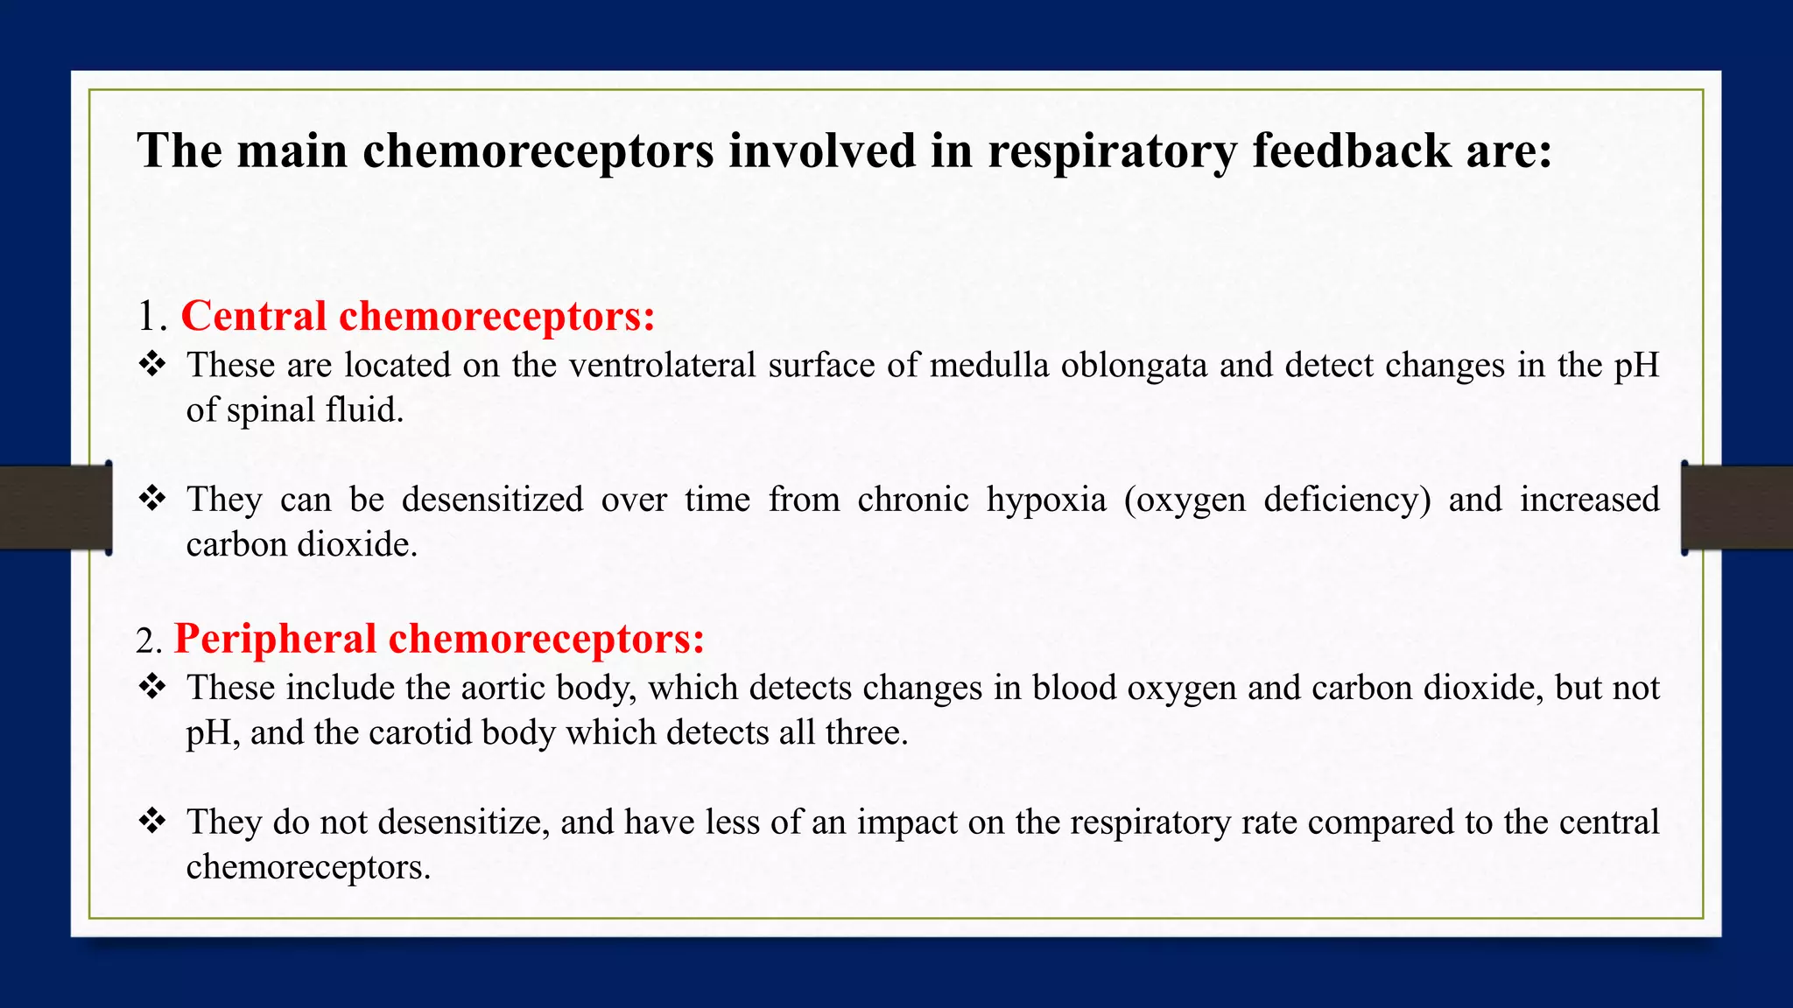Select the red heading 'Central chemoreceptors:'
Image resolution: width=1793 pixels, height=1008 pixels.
click(418, 316)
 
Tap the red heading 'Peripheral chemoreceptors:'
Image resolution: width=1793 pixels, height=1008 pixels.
click(439, 639)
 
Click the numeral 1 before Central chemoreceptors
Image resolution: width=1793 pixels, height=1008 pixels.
click(148, 317)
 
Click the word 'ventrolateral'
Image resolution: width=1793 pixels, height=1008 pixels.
click(662, 365)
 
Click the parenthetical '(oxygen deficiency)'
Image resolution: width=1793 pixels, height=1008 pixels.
click(1277, 500)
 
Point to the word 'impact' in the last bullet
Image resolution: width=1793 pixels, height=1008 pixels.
click(907, 822)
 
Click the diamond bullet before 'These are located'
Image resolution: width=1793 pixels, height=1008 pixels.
click(152, 364)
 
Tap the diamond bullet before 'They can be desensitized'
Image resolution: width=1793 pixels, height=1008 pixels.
click(152, 499)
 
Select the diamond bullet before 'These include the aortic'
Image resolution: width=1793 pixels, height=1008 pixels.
click(152, 687)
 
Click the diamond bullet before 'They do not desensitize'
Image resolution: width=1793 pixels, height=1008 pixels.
click(152, 822)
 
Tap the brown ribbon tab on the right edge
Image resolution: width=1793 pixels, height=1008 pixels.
click(1738, 507)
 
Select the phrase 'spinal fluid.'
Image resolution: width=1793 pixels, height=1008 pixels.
click(315, 410)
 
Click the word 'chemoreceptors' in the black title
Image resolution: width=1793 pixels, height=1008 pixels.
click(538, 150)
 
